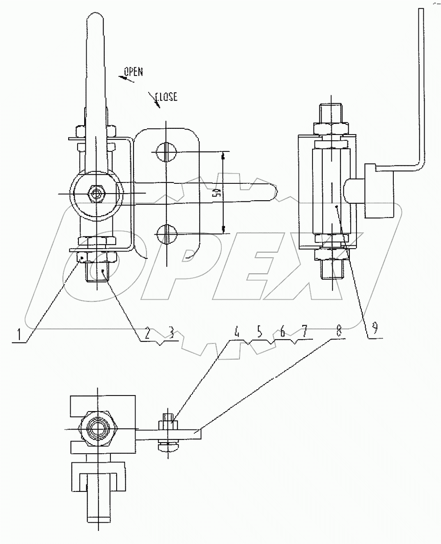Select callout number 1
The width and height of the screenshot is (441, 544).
(17, 335)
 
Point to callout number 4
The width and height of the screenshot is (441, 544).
(237, 332)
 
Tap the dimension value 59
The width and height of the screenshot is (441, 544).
(218, 194)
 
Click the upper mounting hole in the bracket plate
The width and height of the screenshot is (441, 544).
(166, 153)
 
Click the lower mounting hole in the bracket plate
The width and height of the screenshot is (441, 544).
(166, 234)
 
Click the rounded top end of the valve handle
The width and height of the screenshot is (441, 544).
(96, 18)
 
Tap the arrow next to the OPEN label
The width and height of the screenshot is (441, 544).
(126, 79)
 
